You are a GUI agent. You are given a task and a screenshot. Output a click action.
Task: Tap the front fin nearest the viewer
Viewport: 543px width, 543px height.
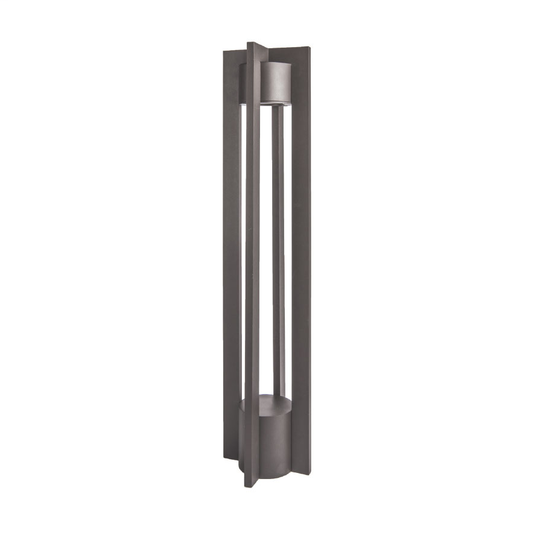[253, 271]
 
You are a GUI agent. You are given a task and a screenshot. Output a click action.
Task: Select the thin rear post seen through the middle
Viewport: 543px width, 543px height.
[277, 253]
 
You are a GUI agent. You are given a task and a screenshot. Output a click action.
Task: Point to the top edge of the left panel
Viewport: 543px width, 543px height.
[234, 51]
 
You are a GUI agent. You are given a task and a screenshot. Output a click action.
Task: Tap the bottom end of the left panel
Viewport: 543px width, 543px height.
[232, 468]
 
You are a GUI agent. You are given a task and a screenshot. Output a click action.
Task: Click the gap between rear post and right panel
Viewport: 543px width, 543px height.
[288, 253]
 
